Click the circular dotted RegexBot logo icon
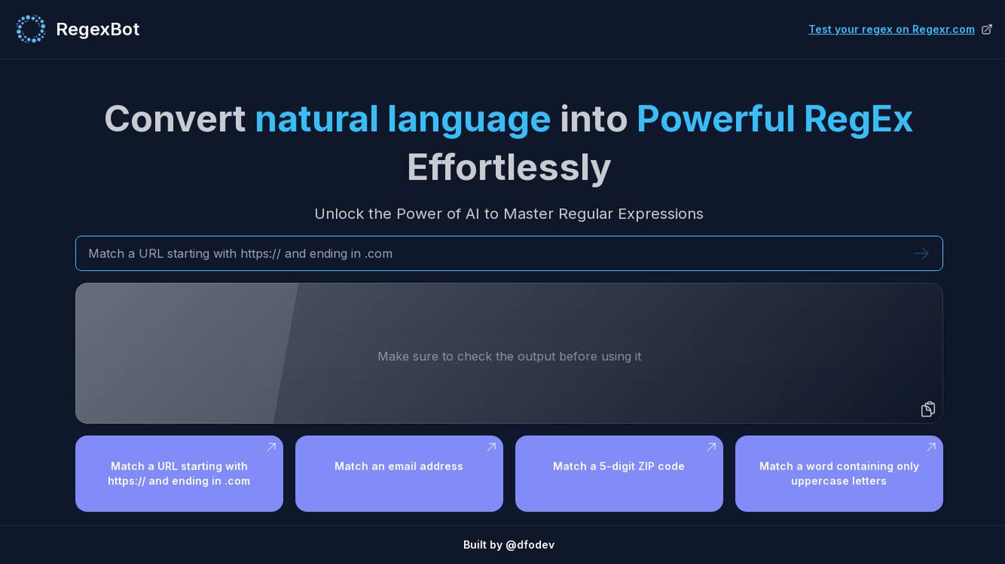pyautogui.click(x=30, y=29)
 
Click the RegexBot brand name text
pyautogui.click(x=98, y=30)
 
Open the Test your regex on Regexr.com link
pyautogui.click(x=891, y=30)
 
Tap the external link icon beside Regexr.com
pyautogui.click(x=987, y=30)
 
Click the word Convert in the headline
pyautogui.click(x=174, y=120)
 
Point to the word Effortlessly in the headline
pyautogui.click(x=508, y=168)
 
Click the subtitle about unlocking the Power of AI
pyautogui.click(x=508, y=214)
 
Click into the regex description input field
pyautogui.click(x=494, y=253)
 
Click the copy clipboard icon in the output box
pyautogui.click(x=928, y=409)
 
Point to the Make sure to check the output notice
pyautogui.click(x=509, y=357)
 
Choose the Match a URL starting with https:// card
pyautogui.click(x=179, y=473)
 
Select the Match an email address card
pyautogui.click(x=399, y=473)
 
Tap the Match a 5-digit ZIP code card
pyautogui.click(x=619, y=473)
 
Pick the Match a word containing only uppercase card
pyautogui.click(x=839, y=473)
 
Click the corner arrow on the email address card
pyautogui.click(x=491, y=447)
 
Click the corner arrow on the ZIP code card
pyautogui.click(x=711, y=447)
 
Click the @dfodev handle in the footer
pyautogui.click(x=530, y=545)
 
